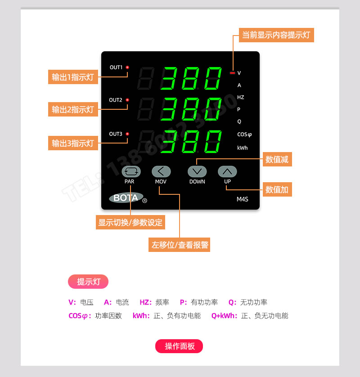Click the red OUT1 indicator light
point(127,67)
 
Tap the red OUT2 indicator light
point(127,100)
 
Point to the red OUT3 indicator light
point(127,134)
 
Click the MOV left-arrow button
point(161,171)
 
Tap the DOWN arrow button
point(197,171)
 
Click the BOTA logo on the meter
point(126,197)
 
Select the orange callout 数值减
point(277,159)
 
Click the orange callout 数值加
point(277,190)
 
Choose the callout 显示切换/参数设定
point(130,222)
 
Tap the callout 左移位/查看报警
point(179,245)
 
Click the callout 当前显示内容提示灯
point(276,35)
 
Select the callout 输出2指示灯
point(73,109)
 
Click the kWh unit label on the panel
point(242,148)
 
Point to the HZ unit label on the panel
point(241,97)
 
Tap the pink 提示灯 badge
point(88,282)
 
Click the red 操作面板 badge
point(179,346)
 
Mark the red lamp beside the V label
point(232,73)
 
